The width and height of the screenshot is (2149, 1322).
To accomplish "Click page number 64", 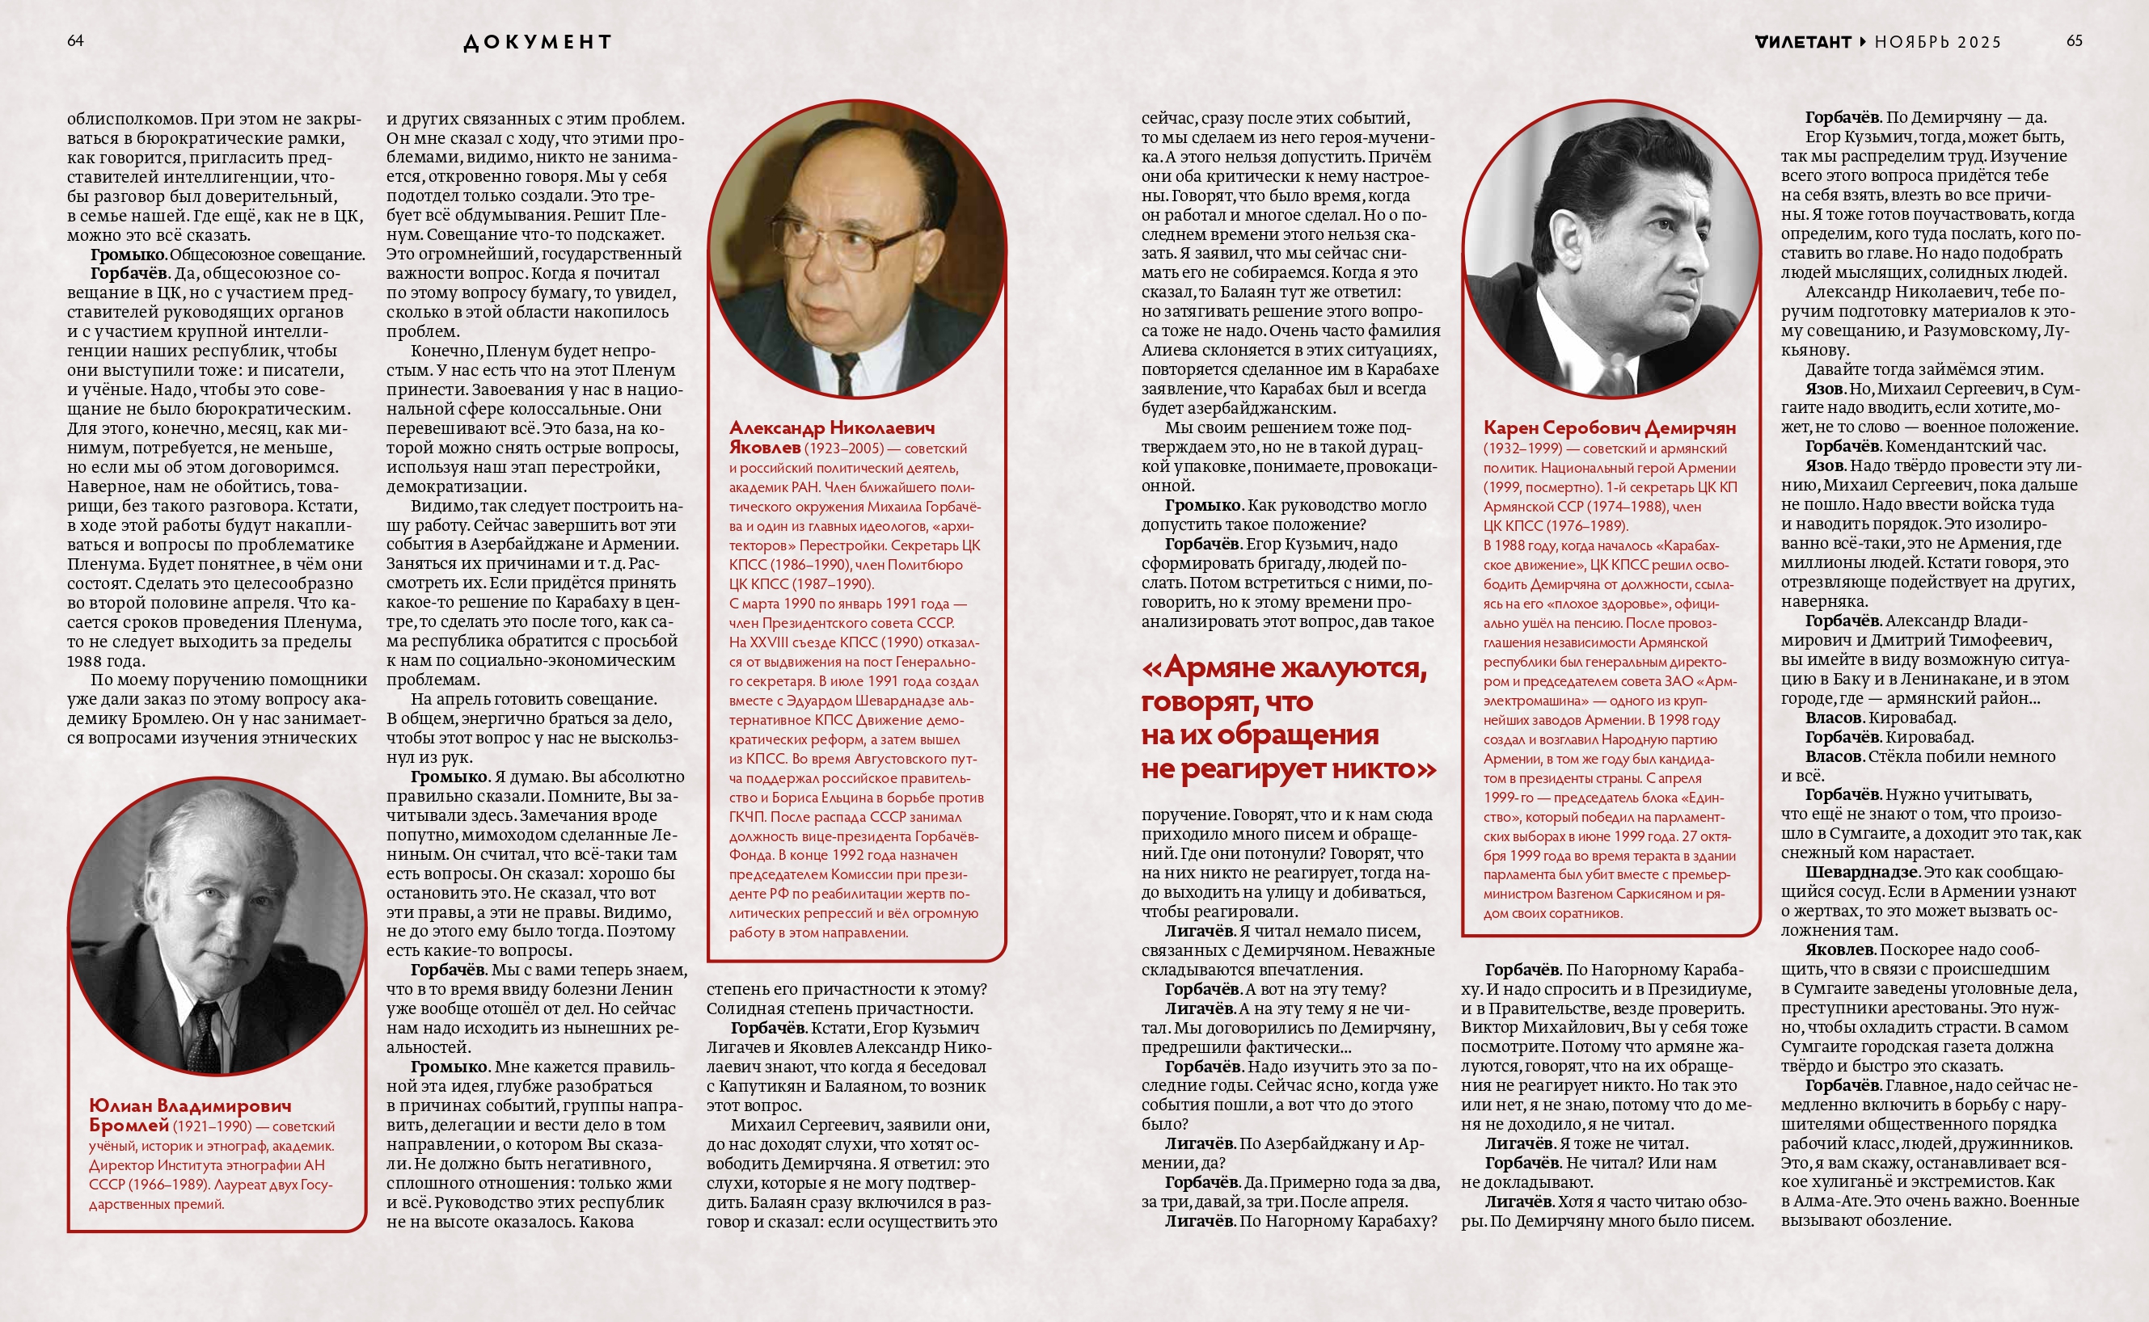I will pos(75,41).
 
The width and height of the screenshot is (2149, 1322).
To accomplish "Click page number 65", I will pos(2074,41).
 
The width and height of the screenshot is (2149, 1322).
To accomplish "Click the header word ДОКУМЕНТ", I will pos(537,42).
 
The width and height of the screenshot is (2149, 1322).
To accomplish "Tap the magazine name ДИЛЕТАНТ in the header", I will pos(1803,42).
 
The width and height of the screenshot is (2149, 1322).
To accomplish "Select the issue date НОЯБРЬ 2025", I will pos(1937,42).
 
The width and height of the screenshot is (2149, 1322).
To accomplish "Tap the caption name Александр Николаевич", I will pos(832,427).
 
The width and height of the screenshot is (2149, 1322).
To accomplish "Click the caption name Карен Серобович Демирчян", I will pos(1610,427).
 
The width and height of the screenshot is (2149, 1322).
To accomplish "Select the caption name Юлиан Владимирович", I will pos(191,1106).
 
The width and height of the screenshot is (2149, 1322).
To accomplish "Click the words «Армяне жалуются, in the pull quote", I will pos(1284,669).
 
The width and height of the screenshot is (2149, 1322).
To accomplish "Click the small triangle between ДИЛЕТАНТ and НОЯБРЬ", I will pos(1863,42).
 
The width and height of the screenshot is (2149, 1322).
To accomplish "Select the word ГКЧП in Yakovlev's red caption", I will pos(748,817).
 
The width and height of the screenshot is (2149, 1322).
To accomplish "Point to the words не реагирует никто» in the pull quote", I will pos(1289,769).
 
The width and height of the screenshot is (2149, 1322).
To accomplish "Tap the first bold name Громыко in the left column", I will pos(128,255).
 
